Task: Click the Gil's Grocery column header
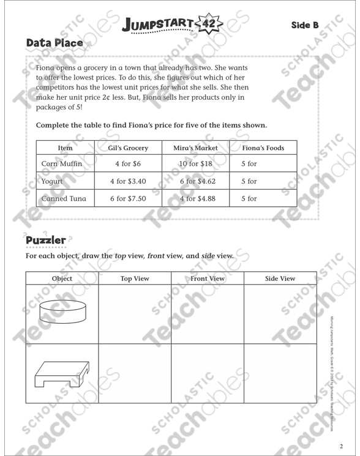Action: point(128,148)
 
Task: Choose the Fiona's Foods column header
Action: point(263,148)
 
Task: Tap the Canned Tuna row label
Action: point(64,198)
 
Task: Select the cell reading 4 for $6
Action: point(128,164)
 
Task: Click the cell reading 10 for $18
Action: point(195,164)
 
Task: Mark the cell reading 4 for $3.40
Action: point(128,181)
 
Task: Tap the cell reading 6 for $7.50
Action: point(128,198)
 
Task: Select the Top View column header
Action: point(135,278)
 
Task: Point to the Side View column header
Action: point(280,278)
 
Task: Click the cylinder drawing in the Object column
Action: point(62,312)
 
